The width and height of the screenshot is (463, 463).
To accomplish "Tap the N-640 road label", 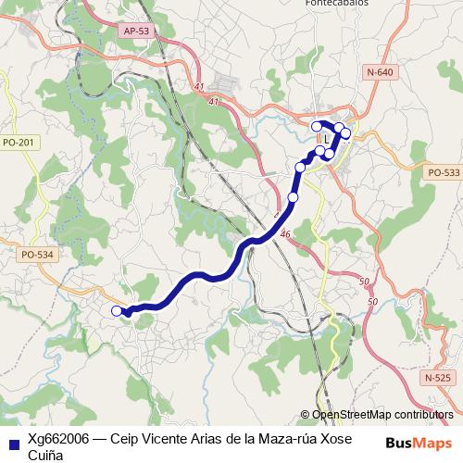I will coord(379,72).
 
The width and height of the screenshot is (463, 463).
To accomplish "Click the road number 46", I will coord(284,235).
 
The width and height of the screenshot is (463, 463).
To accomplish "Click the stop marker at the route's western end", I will coord(116,311).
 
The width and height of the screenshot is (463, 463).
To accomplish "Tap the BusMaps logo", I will coord(419,443).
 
